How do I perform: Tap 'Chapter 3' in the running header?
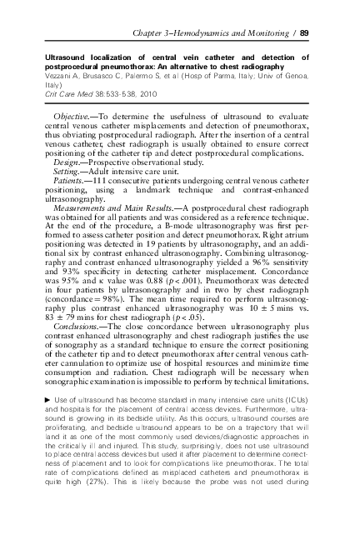tap(157, 32)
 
